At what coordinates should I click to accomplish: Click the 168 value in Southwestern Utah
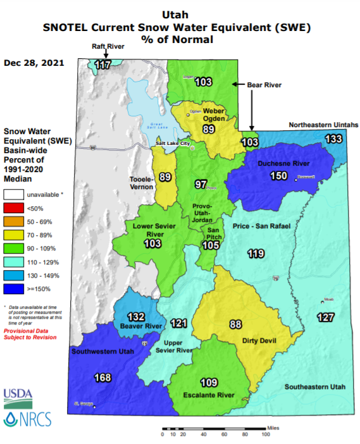(102, 378)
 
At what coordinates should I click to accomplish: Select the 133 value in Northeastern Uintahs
(334, 139)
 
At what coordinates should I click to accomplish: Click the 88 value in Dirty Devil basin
(236, 324)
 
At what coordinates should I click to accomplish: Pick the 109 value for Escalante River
(209, 383)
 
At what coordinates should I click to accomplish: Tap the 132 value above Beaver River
(137, 316)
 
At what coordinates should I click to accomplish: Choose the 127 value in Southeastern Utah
(326, 318)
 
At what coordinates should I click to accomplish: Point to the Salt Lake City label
(173, 144)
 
